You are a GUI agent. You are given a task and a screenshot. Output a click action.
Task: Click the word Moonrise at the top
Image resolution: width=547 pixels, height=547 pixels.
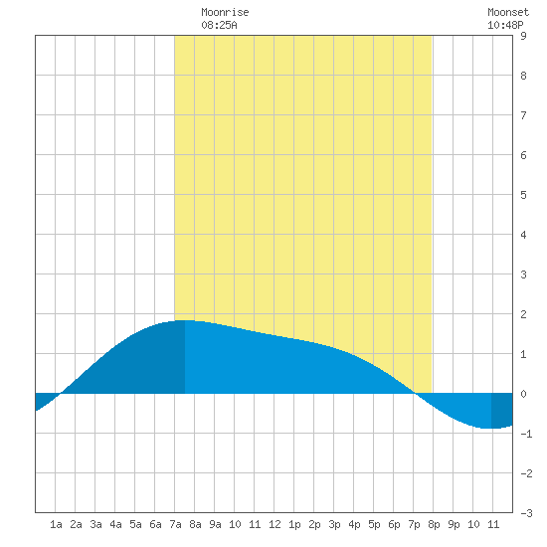(x=225, y=12)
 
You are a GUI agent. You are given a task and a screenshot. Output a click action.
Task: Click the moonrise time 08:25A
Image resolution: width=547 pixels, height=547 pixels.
(x=219, y=25)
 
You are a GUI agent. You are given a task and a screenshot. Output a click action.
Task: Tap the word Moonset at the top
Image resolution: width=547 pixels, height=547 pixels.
(x=508, y=12)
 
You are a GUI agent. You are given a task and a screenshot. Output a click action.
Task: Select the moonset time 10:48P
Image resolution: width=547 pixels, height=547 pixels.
(x=505, y=25)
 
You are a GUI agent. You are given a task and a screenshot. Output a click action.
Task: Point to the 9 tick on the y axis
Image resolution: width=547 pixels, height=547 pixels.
(x=523, y=36)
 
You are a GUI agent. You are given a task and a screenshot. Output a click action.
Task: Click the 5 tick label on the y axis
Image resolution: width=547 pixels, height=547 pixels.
(x=523, y=195)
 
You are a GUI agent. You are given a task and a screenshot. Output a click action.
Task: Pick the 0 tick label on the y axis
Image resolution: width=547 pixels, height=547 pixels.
(x=523, y=394)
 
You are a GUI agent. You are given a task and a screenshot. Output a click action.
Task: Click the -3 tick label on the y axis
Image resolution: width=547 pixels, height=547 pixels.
(x=526, y=513)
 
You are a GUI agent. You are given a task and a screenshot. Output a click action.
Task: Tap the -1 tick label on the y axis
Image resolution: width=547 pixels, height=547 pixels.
(x=526, y=434)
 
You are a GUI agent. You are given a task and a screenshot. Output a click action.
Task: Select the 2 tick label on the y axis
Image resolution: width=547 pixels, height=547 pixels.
(x=523, y=314)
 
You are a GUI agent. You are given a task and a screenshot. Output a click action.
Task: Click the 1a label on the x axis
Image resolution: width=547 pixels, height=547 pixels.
(x=56, y=524)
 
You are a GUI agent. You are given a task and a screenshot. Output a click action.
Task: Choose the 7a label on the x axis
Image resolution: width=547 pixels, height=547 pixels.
(x=175, y=524)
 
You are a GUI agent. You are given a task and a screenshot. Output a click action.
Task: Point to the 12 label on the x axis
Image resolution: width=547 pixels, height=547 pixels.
(x=274, y=524)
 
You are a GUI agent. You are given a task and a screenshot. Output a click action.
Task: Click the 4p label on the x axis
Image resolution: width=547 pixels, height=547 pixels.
(x=354, y=524)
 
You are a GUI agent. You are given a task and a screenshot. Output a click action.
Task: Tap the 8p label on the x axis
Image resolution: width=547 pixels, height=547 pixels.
(x=434, y=524)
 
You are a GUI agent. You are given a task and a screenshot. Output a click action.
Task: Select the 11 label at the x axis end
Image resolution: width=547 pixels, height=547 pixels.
(x=493, y=524)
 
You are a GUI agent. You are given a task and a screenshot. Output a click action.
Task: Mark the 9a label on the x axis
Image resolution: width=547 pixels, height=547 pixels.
(x=215, y=524)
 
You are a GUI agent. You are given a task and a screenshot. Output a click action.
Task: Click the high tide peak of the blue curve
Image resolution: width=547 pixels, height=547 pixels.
(x=185, y=320)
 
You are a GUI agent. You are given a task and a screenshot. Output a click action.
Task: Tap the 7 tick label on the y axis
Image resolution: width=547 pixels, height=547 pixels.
(x=523, y=115)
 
